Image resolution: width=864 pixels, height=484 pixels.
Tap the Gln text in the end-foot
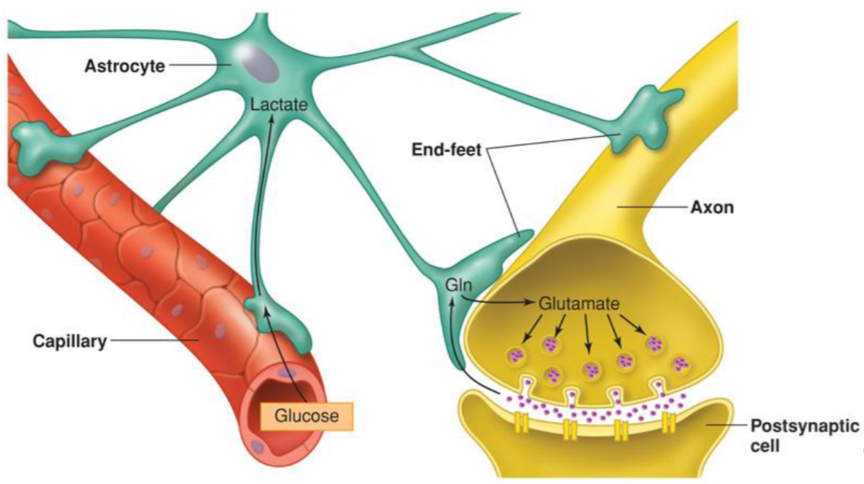457,286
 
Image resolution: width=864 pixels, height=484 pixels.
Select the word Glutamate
578,304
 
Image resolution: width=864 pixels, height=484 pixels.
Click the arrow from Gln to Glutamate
500,303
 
